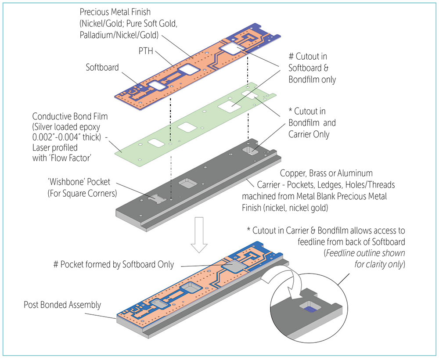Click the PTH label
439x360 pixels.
tap(146, 51)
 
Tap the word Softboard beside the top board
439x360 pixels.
tap(102, 68)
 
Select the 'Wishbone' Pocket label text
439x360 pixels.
tap(79, 182)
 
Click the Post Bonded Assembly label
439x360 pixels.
tap(62, 305)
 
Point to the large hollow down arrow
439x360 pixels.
tap(199, 234)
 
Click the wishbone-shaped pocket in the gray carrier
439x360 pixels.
tap(157, 198)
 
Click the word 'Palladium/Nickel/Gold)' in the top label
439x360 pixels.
tap(119, 35)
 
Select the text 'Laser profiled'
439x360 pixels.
tap(55, 148)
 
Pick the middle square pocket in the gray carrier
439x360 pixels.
tap(188, 184)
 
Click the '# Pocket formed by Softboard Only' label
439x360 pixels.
tap(114, 265)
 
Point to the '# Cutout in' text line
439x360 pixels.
tap(308, 57)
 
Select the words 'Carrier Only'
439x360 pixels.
tap(309, 134)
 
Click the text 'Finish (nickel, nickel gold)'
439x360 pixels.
tap(285, 208)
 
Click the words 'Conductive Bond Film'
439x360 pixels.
tap(70, 116)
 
